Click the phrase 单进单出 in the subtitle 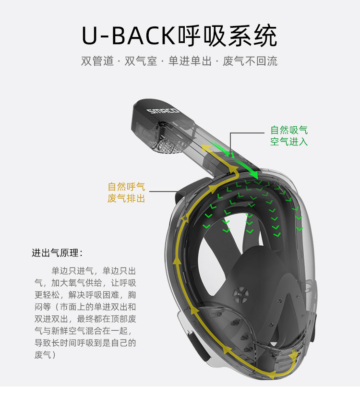pyautogui.click(x=190, y=61)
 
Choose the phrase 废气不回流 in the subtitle pyautogui.click(x=250, y=61)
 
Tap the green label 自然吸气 pyautogui.click(x=289, y=130)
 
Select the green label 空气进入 pyautogui.click(x=289, y=142)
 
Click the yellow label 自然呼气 pyautogui.click(x=126, y=186)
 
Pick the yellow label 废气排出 pyautogui.click(x=126, y=198)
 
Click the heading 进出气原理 pyautogui.click(x=57, y=253)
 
